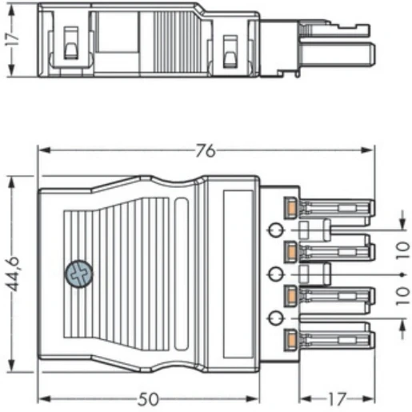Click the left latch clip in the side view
pos(69,47)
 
